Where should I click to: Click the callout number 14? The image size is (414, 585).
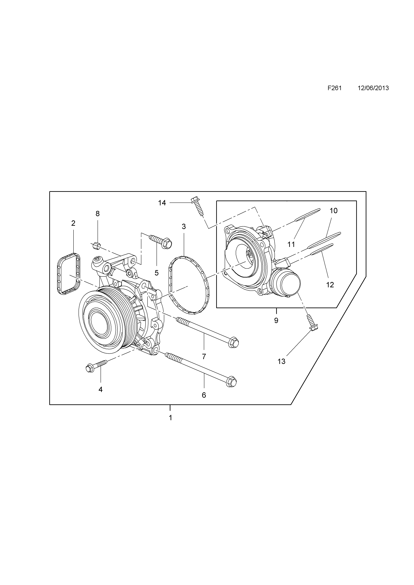click(x=162, y=203)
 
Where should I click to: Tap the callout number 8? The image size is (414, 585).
click(x=98, y=214)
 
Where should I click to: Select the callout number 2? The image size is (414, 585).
click(x=73, y=223)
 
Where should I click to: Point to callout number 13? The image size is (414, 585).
click(x=282, y=362)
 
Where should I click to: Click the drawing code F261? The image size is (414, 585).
click(x=334, y=88)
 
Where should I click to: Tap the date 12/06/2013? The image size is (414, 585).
click(x=373, y=88)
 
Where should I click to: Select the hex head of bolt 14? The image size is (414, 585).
click(x=194, y=200)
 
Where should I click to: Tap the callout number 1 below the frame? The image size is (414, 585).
click(x=170, y=418)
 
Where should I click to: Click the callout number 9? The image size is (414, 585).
click(x=276, y=321)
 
